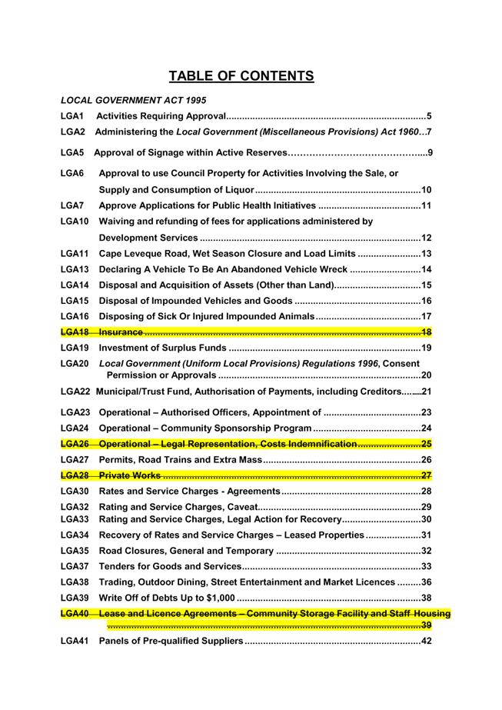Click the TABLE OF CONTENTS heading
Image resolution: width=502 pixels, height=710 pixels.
(x=241, y=76)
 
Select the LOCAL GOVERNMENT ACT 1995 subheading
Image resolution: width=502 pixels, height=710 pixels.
(x=133, y=100)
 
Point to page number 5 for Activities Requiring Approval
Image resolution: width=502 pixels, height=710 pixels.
(x=428, y=116)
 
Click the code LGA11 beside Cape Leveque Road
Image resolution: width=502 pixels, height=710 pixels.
(x=75, y=254)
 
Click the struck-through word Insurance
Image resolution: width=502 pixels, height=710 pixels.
(x=121, y=332)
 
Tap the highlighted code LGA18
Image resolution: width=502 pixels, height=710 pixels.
(x=75, y=332)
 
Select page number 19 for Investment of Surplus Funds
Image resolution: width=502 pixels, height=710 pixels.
(x=426, y=348)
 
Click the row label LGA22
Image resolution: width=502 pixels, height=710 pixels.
(x=75, y=392)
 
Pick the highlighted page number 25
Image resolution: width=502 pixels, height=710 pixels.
(x=426, y=444)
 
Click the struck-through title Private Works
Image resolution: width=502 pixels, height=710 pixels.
(x=130, y=475)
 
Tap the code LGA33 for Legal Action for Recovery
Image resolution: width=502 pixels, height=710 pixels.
(x=75, y=519)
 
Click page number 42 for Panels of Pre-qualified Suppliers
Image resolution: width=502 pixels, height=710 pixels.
(x=426, y=642)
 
